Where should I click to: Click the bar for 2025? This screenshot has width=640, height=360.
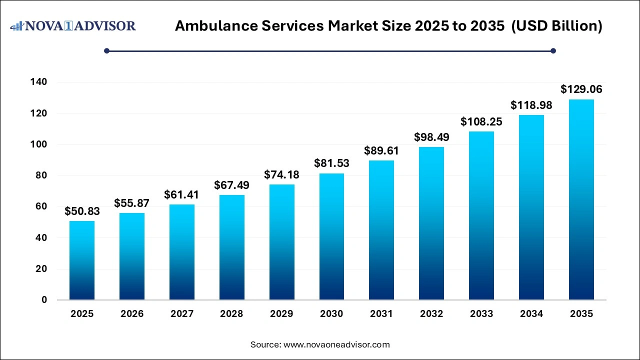[x=82, y=260]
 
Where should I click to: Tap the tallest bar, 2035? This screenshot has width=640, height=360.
[x=581, y=199]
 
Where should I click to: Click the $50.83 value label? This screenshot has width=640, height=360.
[x=82, y=211]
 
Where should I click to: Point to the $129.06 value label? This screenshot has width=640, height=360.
[x=581, y=89]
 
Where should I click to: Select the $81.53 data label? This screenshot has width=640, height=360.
[x=331, y=163]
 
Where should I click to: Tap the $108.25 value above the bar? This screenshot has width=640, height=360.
[x=481, y=121]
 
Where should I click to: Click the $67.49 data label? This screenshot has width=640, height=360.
[x=231, y=185]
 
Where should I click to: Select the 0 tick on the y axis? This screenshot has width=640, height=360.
[x=44, y=300]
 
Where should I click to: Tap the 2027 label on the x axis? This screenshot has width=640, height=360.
[x=181, y=314]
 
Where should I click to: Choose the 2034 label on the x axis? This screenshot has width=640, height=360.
[x=531, y=314]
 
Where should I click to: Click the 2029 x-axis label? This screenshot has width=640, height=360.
[x=281, y=314]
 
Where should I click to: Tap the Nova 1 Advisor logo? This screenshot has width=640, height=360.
[x=73, y=25]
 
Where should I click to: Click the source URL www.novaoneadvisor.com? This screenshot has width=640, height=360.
[x=336, y=344]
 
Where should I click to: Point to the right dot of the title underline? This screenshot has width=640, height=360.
[x=553, y=50]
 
